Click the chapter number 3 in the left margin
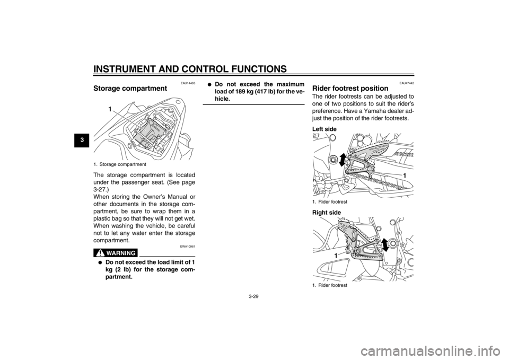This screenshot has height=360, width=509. tap(83, 139)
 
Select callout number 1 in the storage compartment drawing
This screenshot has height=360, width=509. tap(110, 109)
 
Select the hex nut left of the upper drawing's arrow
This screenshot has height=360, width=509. tap(333, 160)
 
